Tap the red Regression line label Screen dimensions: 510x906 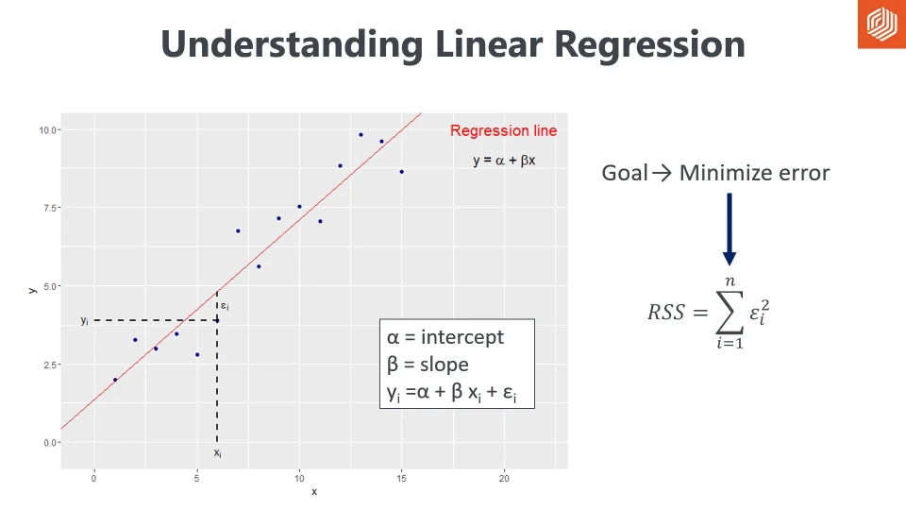pyautogui.click(x=503, y=131)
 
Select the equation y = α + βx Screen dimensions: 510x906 pyautogui.click(x=504, y=161)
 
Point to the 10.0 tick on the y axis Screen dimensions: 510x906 pyautogui.click(x=47, y=129)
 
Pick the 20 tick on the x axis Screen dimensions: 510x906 pyautogui.click(x=504, y=479)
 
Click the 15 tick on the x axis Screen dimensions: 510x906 pyautogui.click(x=401, y=479)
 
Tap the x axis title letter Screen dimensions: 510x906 pyautogui.click(x=314, y=492)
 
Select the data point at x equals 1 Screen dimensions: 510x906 pyautogui.click(x=115, y=380)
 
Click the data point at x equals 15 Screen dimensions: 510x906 pyautogui.click(x=401, y=172)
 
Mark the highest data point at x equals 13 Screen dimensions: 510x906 pyautogui.click(x=361, y=134)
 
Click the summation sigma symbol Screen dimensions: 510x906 pyautogui.click(x=729, y=311)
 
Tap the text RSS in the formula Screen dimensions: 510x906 pyautogui.click(x=665, y=312)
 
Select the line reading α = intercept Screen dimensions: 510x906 pyautogui.click(x=445, y=337)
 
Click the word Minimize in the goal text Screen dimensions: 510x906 pyautogui.click(x=722, y=173)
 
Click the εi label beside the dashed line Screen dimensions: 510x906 pyautogui.click(x=225, y=306)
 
